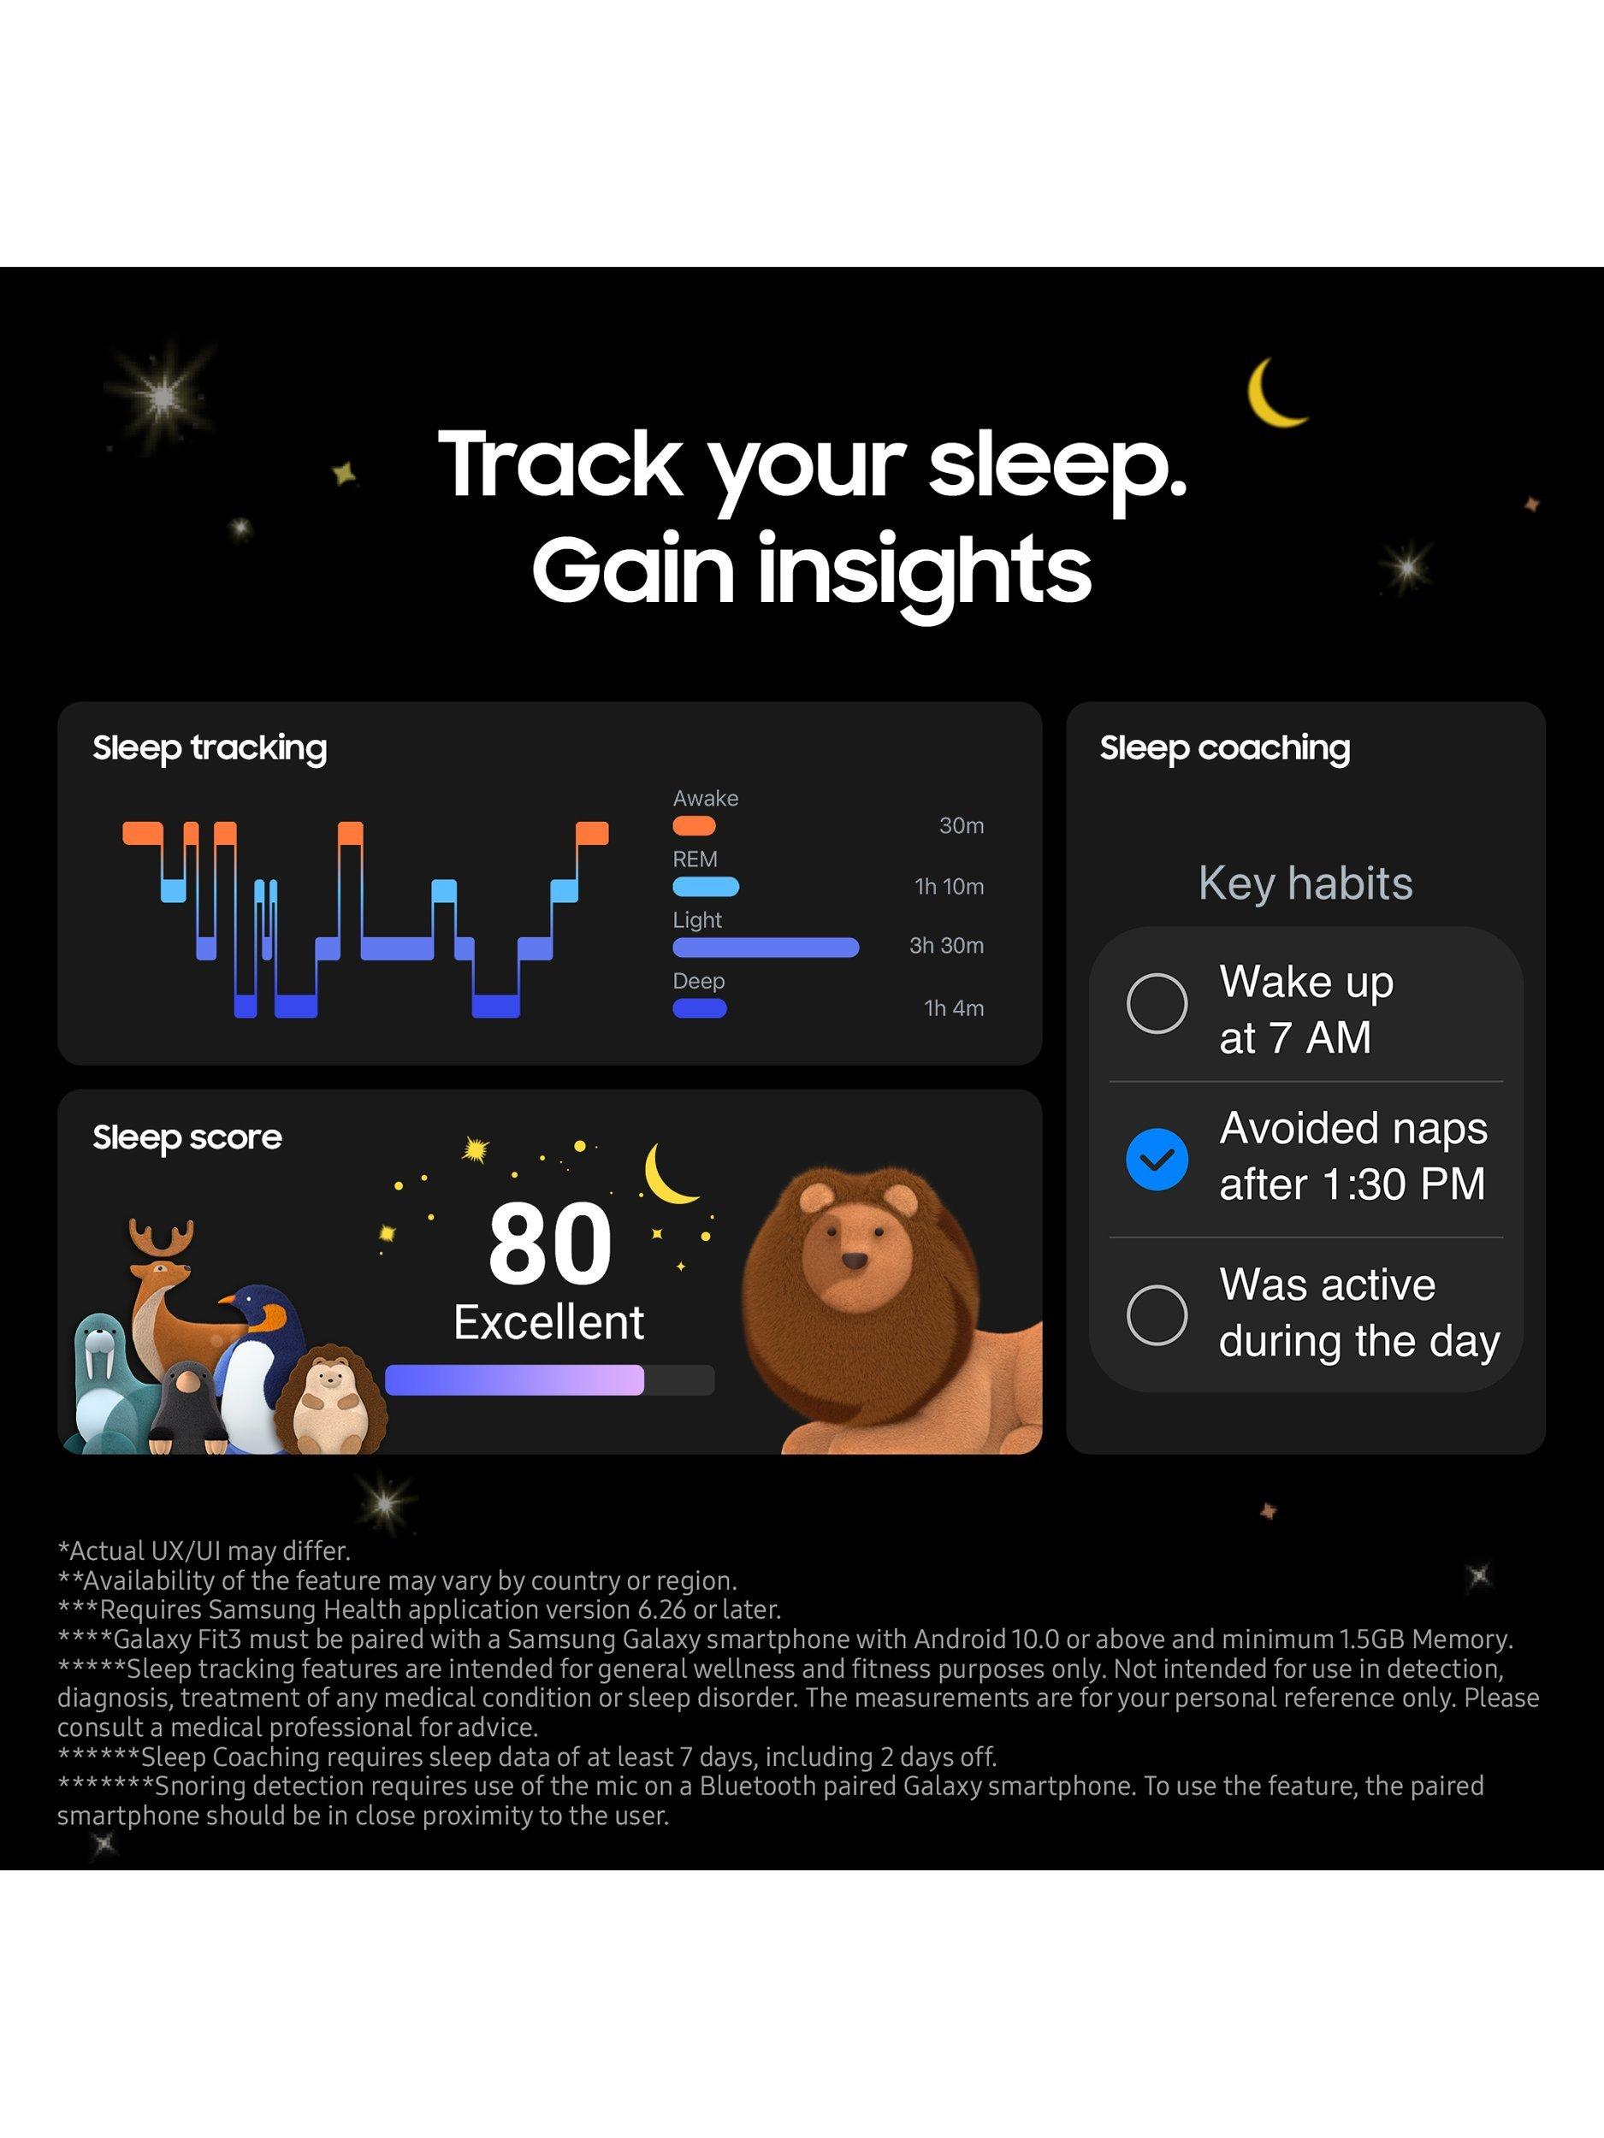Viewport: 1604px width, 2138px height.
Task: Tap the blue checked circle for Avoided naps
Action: (1157, 1158)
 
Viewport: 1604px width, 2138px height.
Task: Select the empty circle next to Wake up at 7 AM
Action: (1157, 1002)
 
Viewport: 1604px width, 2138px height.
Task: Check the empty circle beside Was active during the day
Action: (1157, 1314)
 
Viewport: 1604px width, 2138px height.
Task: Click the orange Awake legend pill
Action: (694, 825)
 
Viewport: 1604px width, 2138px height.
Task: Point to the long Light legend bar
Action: (766, 948)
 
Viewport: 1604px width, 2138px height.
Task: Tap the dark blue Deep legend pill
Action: (700, 1008)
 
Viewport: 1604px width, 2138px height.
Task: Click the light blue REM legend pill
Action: (706, 886)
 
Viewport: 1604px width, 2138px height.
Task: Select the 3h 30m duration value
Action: (946, 945)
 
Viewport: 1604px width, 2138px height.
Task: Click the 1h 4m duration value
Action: (955, 1008)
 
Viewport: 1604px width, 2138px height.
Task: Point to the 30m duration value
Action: (962, 825)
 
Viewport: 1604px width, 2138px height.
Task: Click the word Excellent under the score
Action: (549, 1322)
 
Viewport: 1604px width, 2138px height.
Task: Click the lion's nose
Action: (854, 1261)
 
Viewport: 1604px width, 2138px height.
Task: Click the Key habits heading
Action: (1305, 883)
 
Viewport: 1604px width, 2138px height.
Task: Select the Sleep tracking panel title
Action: (210, 748)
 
